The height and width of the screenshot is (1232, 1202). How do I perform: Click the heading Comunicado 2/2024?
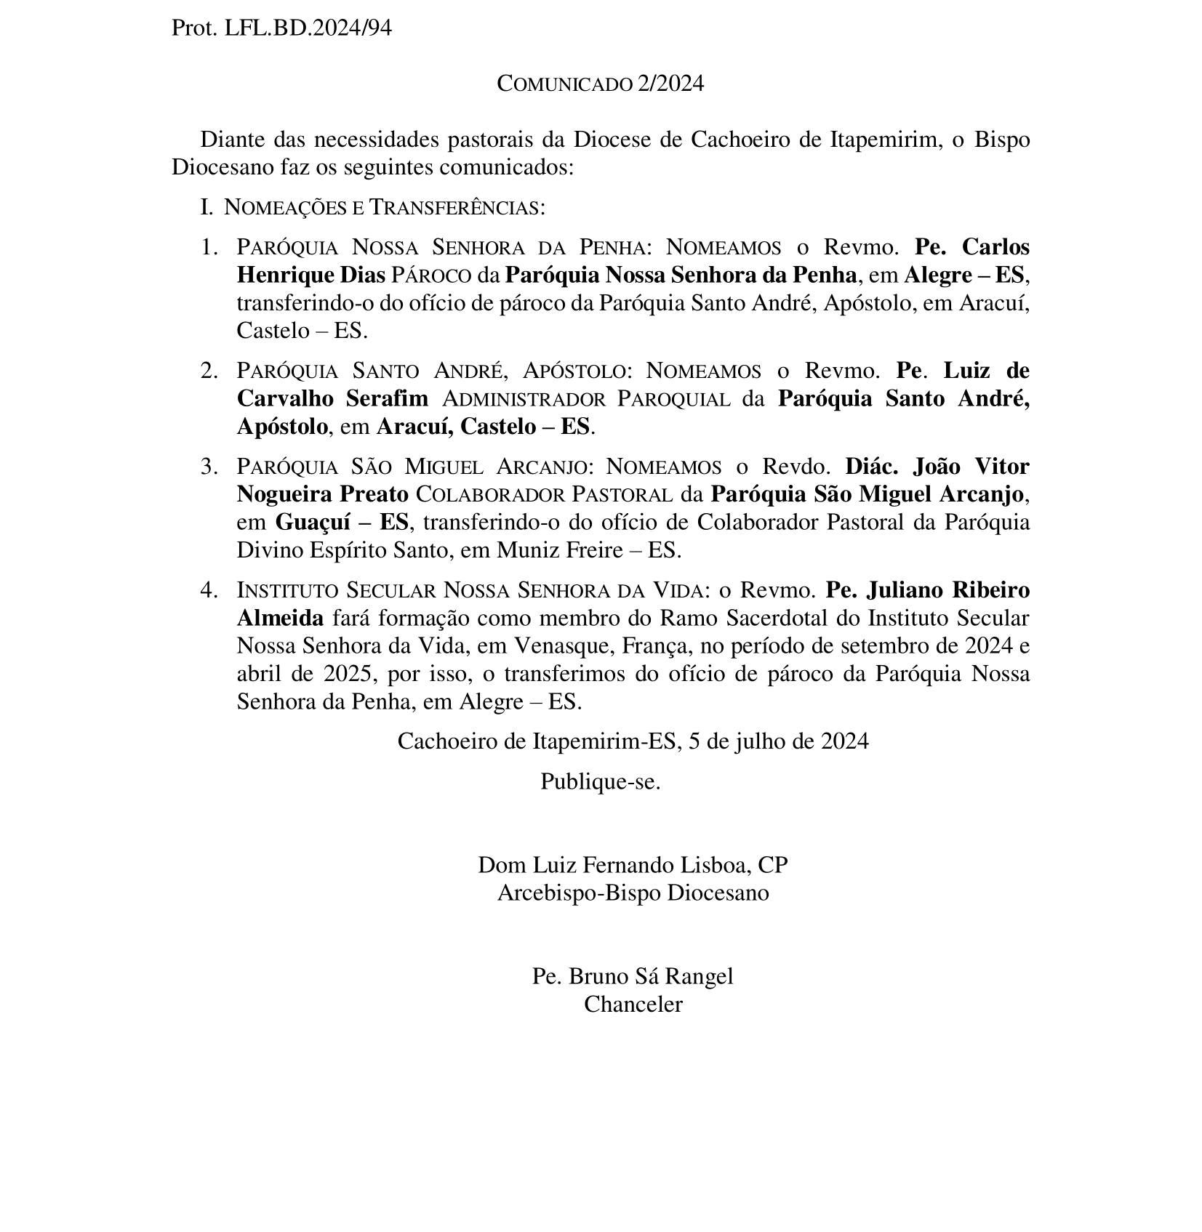[x=600, y=84]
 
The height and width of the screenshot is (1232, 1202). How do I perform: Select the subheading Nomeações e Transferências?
[x=384, y=208]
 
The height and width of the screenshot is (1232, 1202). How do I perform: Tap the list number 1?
[x=209, y=247]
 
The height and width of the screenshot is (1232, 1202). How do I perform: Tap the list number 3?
[x=209, y=466]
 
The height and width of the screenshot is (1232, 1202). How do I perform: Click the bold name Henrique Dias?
[x=310, y=275]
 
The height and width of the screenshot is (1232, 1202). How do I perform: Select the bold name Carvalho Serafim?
[x=332, y=399]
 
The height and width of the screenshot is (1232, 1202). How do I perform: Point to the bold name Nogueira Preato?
[x=322, y=494]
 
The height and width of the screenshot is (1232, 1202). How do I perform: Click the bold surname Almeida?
[x=280, y=618]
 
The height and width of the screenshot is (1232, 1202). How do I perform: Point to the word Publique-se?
[x=600, y=782]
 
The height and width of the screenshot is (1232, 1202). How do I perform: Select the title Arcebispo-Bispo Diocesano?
[x=633, y=893]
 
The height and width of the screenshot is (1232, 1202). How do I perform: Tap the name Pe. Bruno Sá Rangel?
[x=633, y=976]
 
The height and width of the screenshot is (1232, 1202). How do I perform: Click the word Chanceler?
[x=633, y=1004]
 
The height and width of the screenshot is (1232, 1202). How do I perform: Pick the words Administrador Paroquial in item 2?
[x=586, y=399]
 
